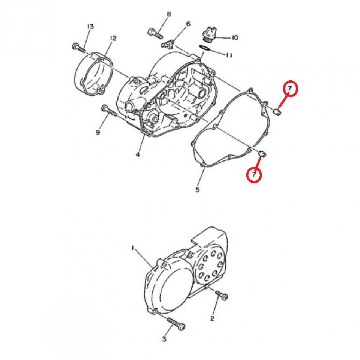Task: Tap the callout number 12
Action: pyautogui.click(x=113, y=38)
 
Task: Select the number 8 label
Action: pyautogui.click(x=169, y=14)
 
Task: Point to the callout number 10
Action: pyautogui.click(x=235, y=37)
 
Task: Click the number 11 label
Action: pyautogui.click(x=229, y=55)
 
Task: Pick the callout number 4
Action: pyautogui.click(x=138, y=155)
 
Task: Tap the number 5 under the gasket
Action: pyautogui.click(x=198, y=190)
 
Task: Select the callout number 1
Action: pyautogui.click(x=133, y=247)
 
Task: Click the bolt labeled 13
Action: pyautogui.click(x=78, y=48)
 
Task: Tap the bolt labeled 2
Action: pyautogui.click(x=222, y=296)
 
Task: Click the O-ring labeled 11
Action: pyautogui.click(x=204, y=48)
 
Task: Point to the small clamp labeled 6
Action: pyautogui.click(x=167, y=45)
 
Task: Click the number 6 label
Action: pyautogui.click(x=188, y=24)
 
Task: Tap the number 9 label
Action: pyautogui.click(x=97, y=133)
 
